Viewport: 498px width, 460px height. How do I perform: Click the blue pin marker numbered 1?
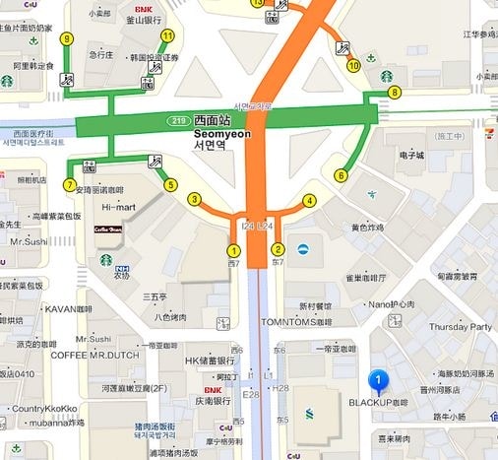tap(377, 381)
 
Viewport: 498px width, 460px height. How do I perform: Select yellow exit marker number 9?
tap(67, 38)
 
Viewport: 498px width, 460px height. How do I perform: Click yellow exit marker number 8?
tap(395, 93)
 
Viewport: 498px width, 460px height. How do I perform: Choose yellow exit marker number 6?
tap(341, 175)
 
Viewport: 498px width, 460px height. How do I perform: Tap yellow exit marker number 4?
tap(309, 200)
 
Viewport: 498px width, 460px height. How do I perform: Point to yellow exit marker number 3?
tap(195, 200)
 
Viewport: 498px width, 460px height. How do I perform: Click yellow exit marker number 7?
tap(69, 184)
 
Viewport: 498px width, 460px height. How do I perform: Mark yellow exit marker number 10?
tap(354, 66)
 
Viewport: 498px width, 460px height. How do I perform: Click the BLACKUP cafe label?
tap(379, 404)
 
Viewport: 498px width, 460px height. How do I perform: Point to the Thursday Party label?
tap(460, 327)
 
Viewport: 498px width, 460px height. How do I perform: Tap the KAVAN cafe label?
tap(68, 308)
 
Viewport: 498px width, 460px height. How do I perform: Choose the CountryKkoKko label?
tap(46, 408)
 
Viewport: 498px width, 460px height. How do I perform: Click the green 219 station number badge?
tap(179, 120)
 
